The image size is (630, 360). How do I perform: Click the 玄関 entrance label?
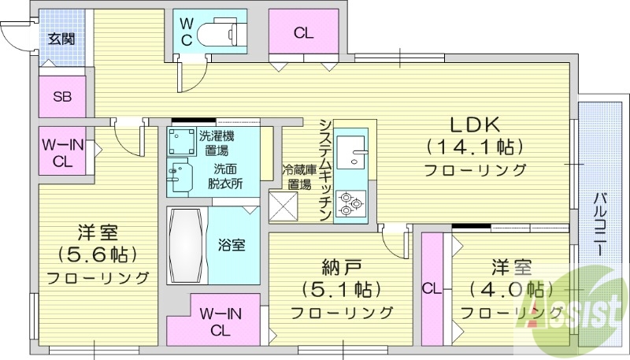(60, 39)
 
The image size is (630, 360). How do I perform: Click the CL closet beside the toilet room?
(304, 32)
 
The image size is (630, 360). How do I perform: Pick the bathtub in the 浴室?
(187, 244)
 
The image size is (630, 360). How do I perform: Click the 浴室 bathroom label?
(231, 244)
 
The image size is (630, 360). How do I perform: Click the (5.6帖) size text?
(98, 254)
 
